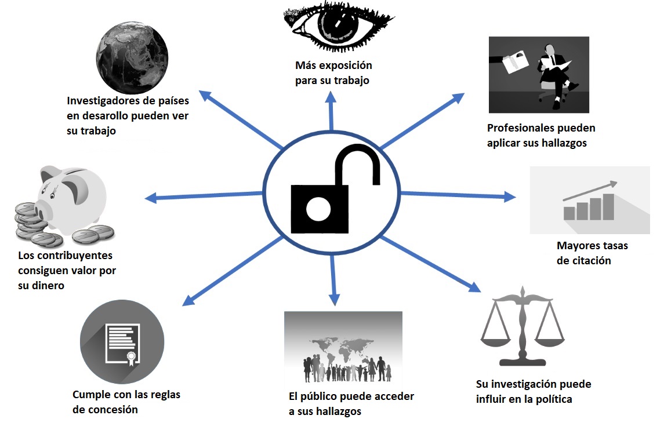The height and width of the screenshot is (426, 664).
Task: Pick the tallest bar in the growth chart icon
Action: pos(608,206)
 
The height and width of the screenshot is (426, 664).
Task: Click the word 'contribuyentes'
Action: pos(74,256)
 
